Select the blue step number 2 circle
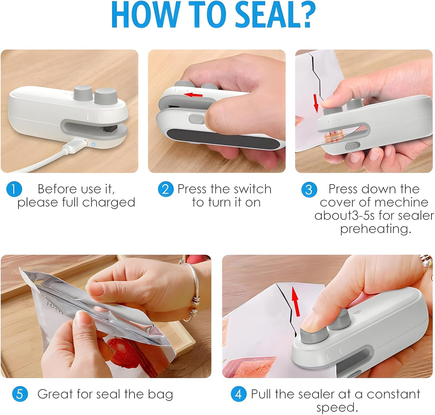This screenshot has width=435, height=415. [x=166, y=189]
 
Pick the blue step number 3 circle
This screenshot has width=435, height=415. [x=309, y=190]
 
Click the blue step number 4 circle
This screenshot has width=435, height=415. [x=238, y=394]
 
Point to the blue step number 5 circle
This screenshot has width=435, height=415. [x=20, y=394]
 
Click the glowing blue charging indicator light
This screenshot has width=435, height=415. [x=93, y=144]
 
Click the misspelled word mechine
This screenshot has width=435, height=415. [x=403, y=203]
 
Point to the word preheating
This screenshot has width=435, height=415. [x=375, y=229]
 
